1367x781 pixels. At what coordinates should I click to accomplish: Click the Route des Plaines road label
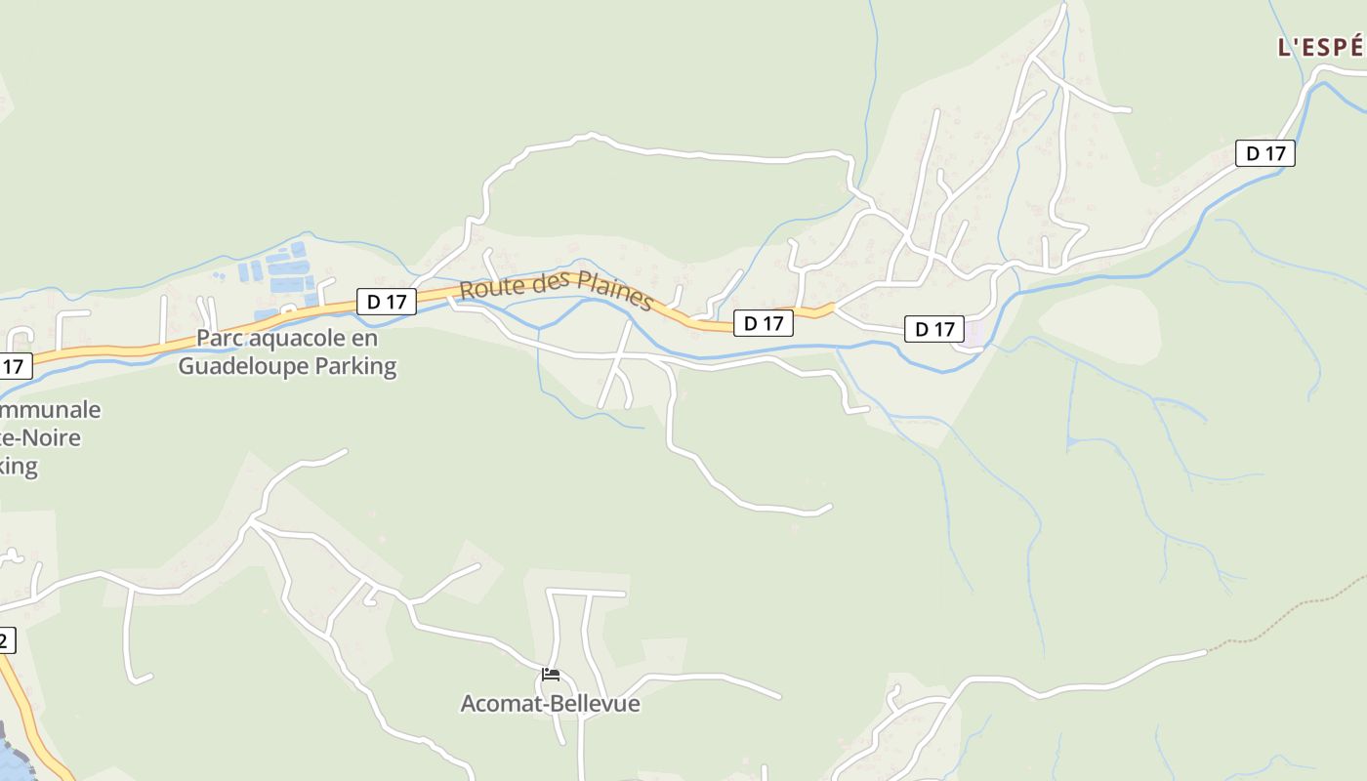556,290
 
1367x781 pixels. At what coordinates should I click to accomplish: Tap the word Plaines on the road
613,292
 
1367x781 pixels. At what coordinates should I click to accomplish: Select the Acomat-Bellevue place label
551,704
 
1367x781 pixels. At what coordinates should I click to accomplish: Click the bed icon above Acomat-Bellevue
551,675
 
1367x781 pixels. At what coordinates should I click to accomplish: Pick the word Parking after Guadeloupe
363,367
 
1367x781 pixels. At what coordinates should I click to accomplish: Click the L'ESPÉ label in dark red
1321,47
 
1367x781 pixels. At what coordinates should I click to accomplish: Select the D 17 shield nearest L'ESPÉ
1264,153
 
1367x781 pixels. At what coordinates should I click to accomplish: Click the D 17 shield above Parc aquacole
387,302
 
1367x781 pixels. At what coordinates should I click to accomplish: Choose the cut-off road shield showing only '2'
6,640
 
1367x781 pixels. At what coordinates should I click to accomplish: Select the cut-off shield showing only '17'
14,367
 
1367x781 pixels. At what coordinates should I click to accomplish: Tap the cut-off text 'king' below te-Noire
19,466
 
